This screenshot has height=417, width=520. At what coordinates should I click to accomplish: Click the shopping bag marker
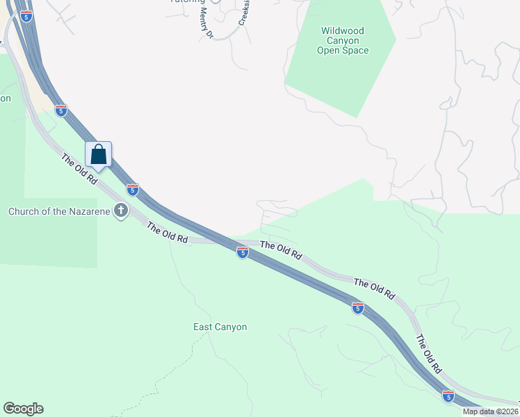point(99,155)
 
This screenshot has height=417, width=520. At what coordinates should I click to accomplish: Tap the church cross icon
point(121,210)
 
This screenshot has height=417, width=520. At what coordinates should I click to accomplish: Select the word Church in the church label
point(24,211)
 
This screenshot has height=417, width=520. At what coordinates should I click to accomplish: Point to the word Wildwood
point(343,31)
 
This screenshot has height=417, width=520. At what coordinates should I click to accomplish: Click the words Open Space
point(343,51)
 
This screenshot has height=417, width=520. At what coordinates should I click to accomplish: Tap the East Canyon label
point(220,327)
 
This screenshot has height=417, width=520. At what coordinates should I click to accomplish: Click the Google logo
point(23,409)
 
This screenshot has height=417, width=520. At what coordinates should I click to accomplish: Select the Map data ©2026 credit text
point(490,411)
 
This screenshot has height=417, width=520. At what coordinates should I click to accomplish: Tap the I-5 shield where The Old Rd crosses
point(242,253)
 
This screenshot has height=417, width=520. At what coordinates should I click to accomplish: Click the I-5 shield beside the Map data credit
point(448,397)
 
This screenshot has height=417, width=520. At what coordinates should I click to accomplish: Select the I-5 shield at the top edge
point(26,16)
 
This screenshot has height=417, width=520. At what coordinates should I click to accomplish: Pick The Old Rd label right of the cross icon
point(168,234)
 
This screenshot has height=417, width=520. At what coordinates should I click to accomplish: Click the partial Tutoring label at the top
point(187,2)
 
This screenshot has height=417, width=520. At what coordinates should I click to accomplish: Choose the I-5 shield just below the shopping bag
point(132,189)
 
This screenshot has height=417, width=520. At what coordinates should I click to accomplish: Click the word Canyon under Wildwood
point(343,41)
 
